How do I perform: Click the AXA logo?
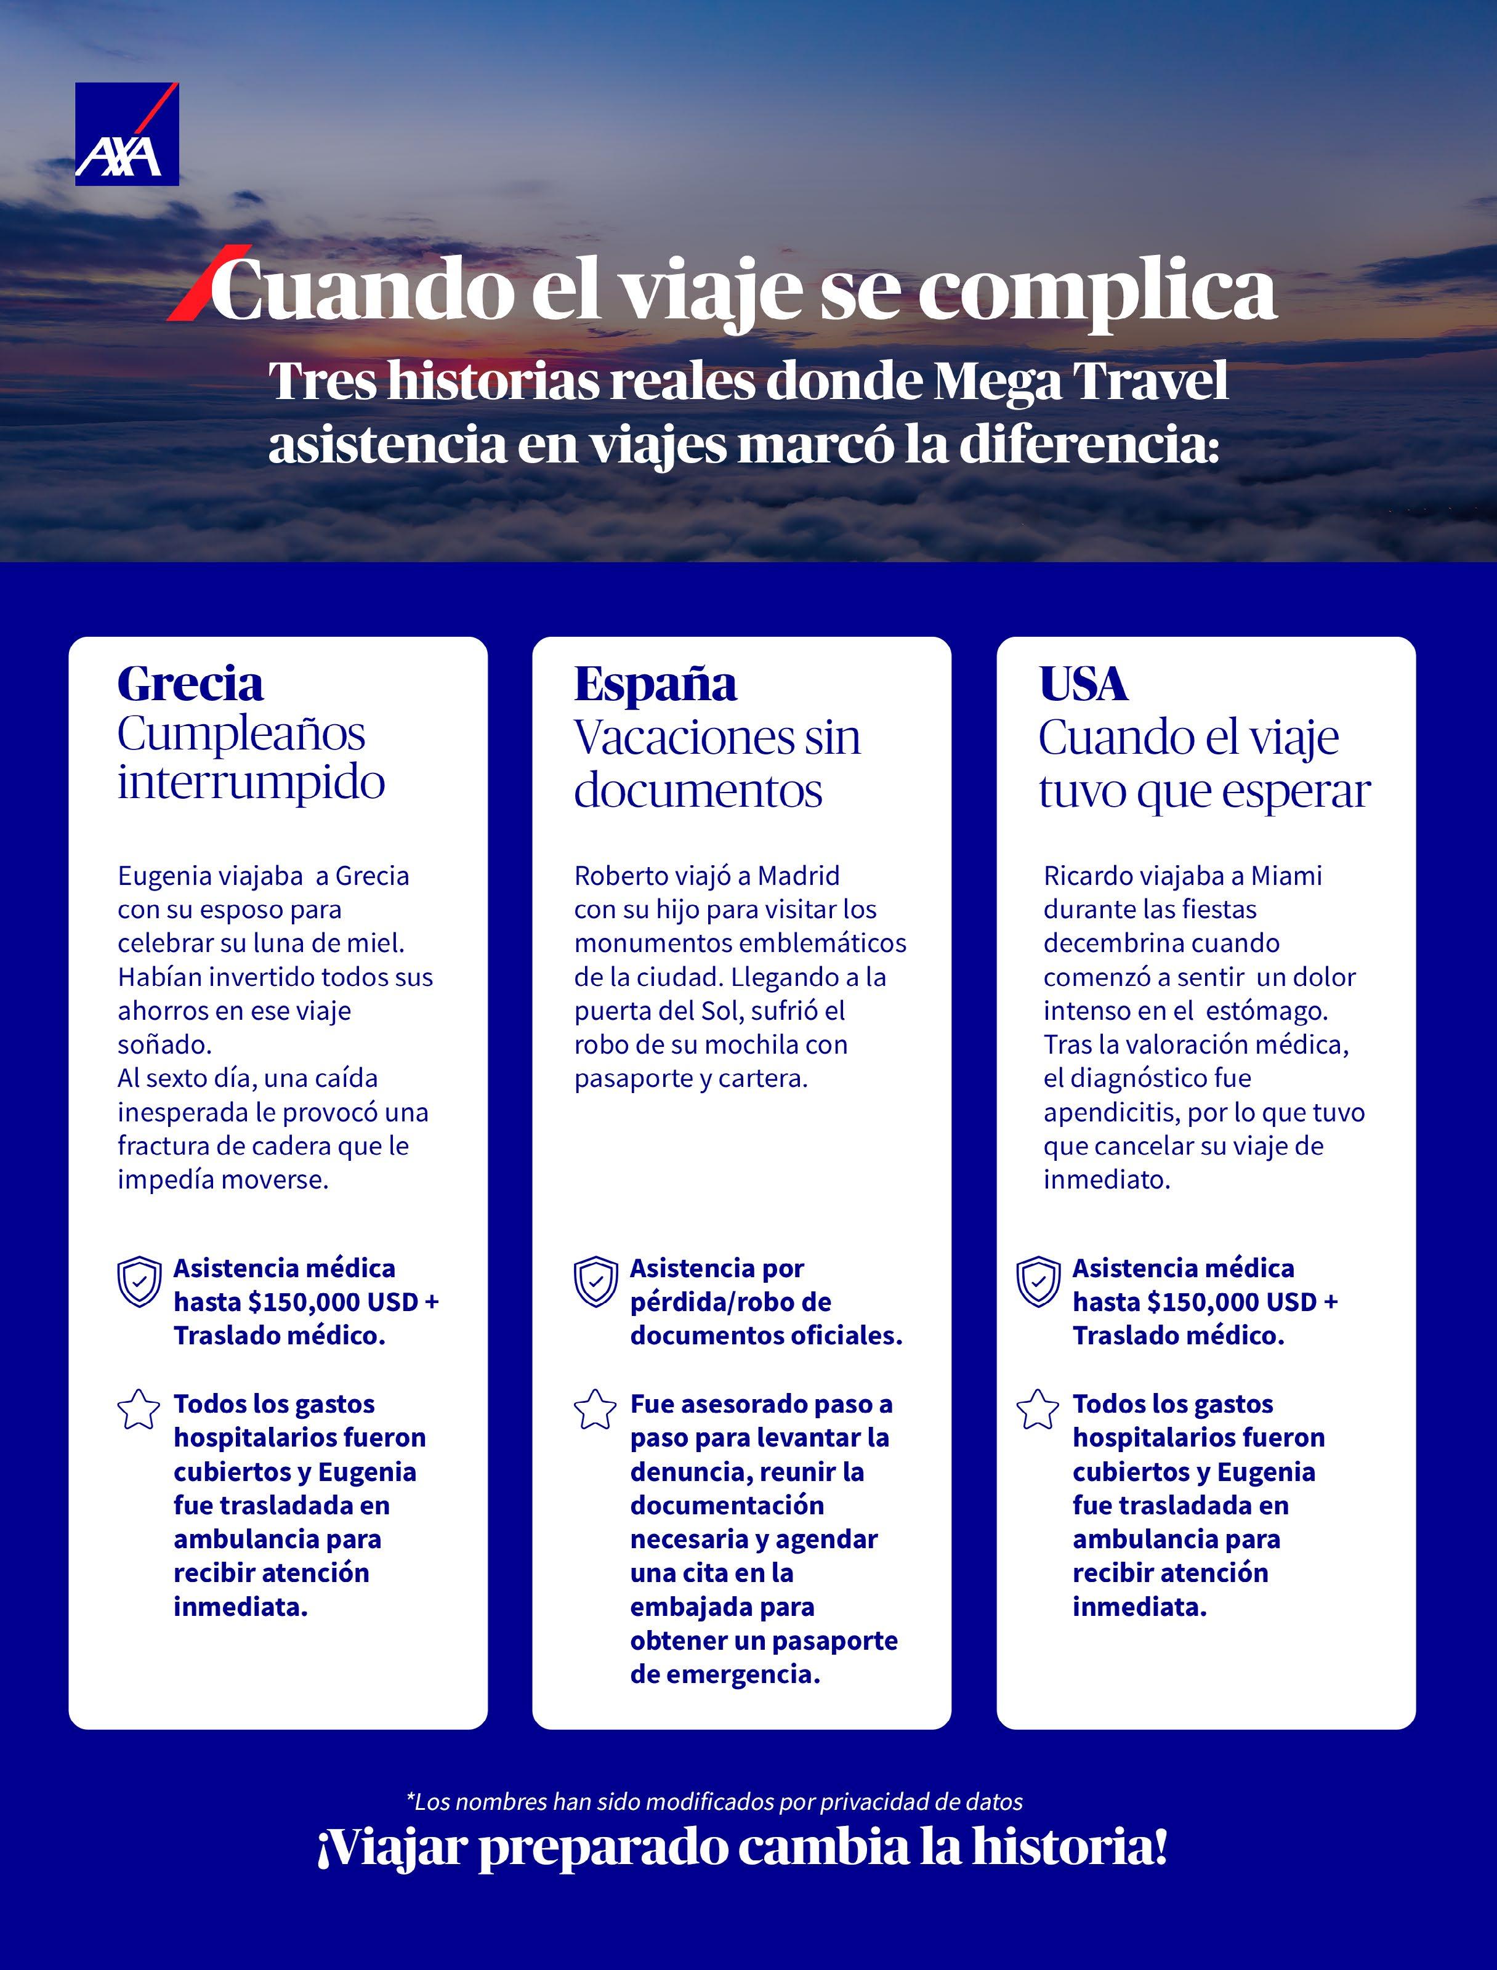pyautogui.click(x=126, y=134)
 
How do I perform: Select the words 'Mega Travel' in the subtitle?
pyautogui.click(x=1081, y=381)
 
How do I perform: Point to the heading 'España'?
pyautogui.click(x=655, y=684)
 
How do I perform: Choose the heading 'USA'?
pyautogui.click(x=1083, y=684)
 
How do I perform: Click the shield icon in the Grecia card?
pyautogui.click(x=140, y=1282)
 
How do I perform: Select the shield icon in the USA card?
pyautogui.click(x=1038, y=1282)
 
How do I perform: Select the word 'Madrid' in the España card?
pyautogui.click(x=799, y=876)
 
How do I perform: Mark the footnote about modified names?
pyautogui.click(x=715, y=1802)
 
